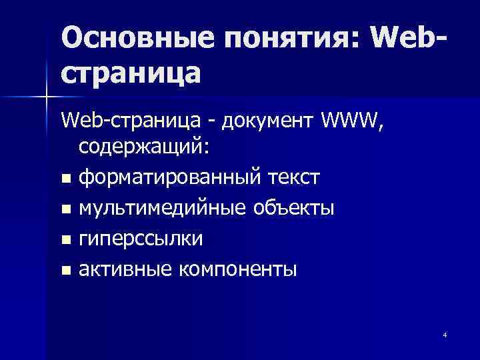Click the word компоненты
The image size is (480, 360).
pos(236,270)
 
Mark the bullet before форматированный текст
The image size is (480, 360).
pos(65,179)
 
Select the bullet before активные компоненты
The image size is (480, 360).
pos(65,271)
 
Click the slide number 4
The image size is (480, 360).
pos(444,334)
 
